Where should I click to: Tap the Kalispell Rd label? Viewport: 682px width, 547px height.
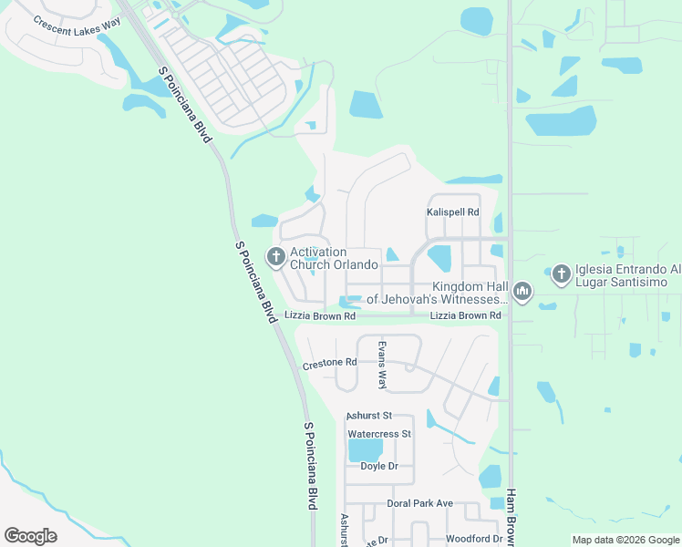(x=453, y=212)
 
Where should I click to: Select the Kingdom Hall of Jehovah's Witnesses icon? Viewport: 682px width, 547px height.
(x=522, y=292)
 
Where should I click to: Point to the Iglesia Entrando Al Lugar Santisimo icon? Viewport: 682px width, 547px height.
(x=561, y=272)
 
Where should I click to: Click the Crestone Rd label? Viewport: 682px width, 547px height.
(x=329, y=363)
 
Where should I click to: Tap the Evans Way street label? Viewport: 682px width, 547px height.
(x=382, y=364)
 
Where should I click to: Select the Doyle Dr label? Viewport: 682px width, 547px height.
(x=380, y=466)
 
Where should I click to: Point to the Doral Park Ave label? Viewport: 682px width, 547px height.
(x=419, y=503)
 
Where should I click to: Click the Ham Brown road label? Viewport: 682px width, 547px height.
(x=511, y=516)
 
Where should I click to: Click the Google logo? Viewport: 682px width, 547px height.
(x=30, y=536)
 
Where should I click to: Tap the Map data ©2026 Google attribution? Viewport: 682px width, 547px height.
(x=625, y=540)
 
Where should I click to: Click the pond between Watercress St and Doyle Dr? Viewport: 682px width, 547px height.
(x=365, y=450)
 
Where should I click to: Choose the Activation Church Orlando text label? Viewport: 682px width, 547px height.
(x=334, y=258)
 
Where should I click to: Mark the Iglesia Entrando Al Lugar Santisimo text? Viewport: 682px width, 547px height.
(x=628, y=276)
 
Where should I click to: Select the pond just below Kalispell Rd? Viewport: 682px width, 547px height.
(x=439, y=258)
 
